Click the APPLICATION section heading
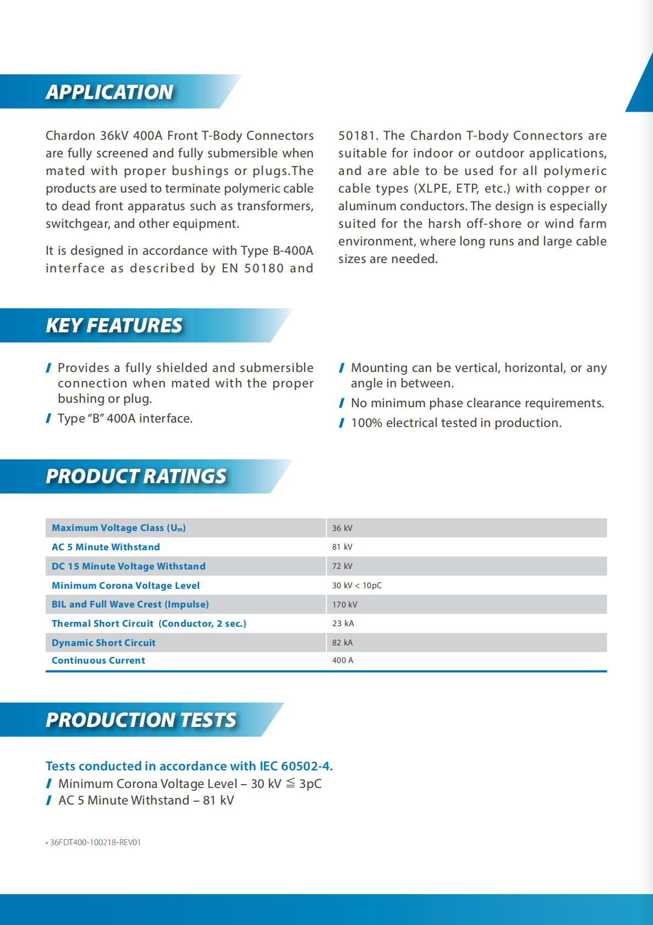click(109, 92)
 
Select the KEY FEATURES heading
click(114, 326)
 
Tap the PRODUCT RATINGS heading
click(136, 477)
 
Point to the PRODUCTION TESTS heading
click(141, 720)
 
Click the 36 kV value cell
click(342, 528)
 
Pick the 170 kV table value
click(344, 605)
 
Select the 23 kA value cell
click(343, 623)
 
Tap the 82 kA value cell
click(342, 643)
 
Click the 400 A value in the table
click(342, 660)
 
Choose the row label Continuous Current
click(98, 660)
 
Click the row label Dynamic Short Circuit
click(103, 643)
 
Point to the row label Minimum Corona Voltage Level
click(125, 585)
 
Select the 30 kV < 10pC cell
click(356, 585)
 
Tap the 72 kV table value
click(342, 566)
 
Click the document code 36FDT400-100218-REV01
click(95, 842)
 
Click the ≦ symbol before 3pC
click(290, 783)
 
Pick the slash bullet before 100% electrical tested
click(342, 423)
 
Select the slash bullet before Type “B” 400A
click(48, 419)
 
